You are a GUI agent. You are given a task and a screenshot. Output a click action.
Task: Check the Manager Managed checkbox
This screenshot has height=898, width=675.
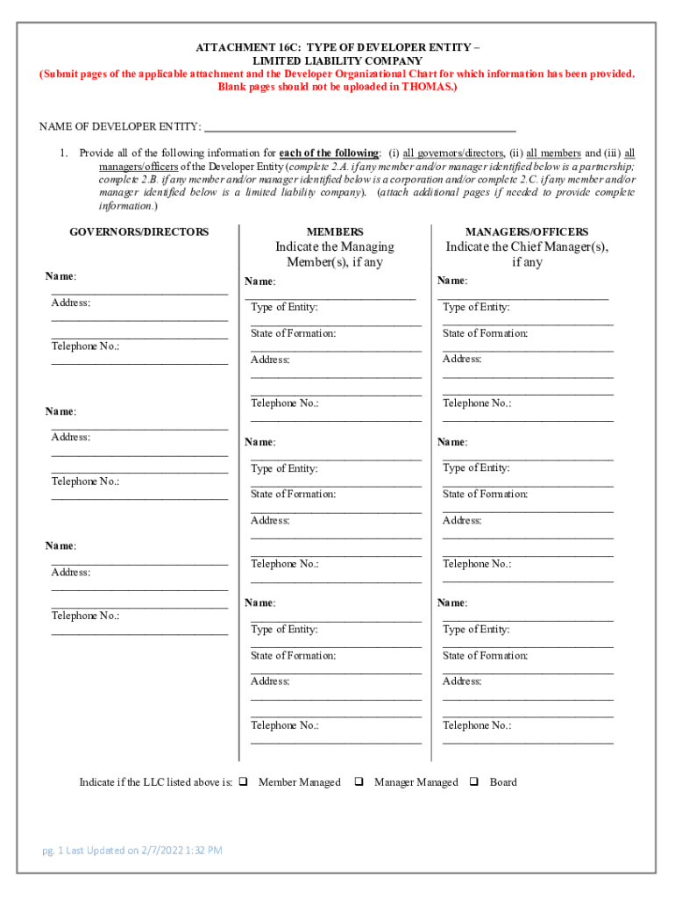[x=359, y=781]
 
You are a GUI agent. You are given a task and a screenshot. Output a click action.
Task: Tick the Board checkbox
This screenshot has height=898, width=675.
[x=473, y=781]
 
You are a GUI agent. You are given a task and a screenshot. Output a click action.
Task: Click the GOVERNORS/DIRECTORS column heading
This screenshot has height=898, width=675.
[x=139, y=232]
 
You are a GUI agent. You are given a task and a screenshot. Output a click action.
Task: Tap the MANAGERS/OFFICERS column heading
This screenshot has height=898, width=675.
[x=526, y=232]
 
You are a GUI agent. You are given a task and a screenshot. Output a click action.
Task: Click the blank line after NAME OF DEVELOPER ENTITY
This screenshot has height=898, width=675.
[x=359, y=128]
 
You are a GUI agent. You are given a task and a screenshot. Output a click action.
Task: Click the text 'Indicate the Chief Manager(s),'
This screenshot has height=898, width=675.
[x=526, y=246]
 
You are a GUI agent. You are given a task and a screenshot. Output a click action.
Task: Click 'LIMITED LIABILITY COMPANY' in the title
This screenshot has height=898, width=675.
[x=337, y=61]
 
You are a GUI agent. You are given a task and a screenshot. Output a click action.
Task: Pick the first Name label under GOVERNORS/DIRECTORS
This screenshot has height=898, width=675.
[x=60, y=276]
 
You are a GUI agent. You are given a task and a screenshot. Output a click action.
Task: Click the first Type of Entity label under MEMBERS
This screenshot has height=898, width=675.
[x=284, y=307]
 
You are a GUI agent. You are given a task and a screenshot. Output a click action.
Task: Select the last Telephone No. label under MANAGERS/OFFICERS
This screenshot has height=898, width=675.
[x=476, y=725]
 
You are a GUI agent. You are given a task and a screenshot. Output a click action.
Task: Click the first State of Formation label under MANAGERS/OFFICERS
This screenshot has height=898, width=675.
[x=485, y=333]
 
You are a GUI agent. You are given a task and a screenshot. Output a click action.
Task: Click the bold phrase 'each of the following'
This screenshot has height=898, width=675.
[x=329, y=153]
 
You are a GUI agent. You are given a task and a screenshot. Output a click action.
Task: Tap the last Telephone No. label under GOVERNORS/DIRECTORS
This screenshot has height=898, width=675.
[x=85, y=616]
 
